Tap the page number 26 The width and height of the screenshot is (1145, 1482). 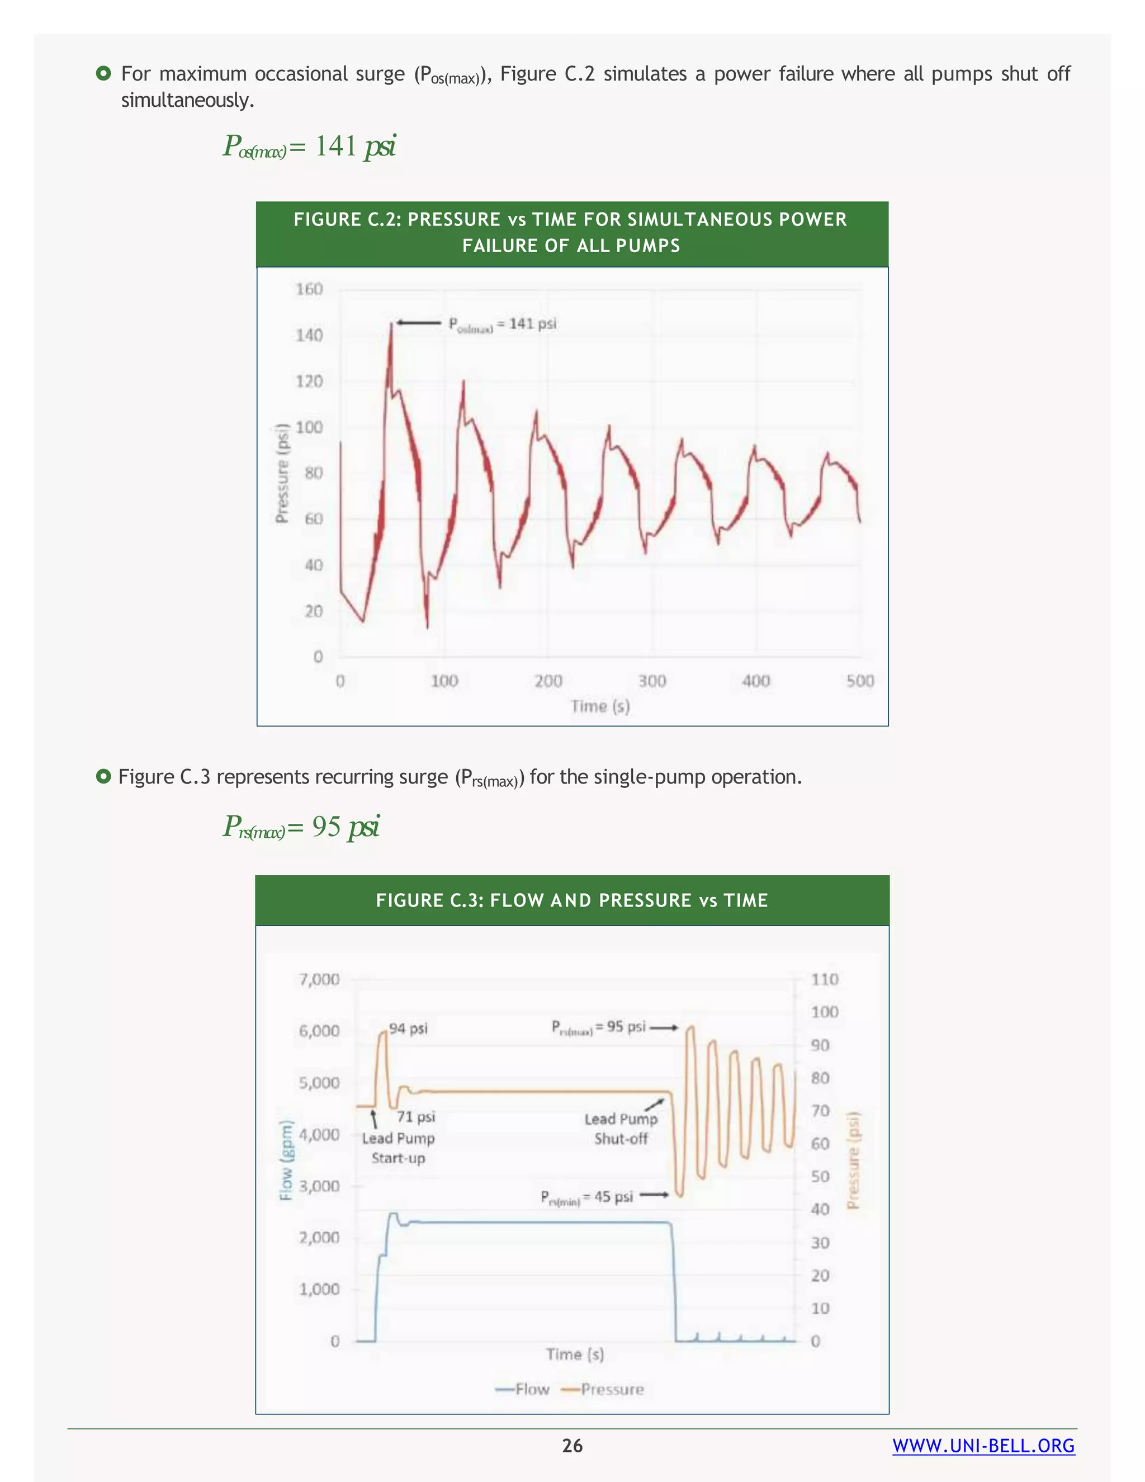click(x=572, y=1446)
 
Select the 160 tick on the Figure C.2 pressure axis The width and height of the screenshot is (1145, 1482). click(x=309, y=289)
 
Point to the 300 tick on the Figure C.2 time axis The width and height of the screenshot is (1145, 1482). click(x=652, y=681)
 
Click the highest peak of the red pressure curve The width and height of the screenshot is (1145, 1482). click(x=391, y=324)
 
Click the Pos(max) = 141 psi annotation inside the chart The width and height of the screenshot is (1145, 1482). click(x=502, y=324)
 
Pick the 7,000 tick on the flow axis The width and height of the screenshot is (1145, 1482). click(x=319, y=979)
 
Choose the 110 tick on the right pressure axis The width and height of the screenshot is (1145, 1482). click(x=824, y=979)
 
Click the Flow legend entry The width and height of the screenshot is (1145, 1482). click(x=522, y=1389)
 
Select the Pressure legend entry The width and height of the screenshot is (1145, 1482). click(x=603, y=1389)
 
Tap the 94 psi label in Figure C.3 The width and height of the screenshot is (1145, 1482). click(x=408, y=1028)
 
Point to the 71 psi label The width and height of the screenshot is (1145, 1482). click(x=416, y=1117)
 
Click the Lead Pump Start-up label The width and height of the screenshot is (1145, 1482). click(x=398, y=1148)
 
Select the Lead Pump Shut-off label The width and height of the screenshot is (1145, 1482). click(x=621, y=1129)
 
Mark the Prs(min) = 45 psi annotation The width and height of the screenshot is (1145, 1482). click(x=586, y=1197)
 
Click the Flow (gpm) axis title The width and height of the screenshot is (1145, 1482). click(x=287, y=1160)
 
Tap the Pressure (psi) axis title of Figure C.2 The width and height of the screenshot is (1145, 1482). click(x=282, y=473)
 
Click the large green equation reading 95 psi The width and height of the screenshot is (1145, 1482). click(x=301, y=827)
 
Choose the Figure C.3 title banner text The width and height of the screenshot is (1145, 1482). click(x=572, y=900)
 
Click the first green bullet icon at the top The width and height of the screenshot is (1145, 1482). click(x=103, y=73)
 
